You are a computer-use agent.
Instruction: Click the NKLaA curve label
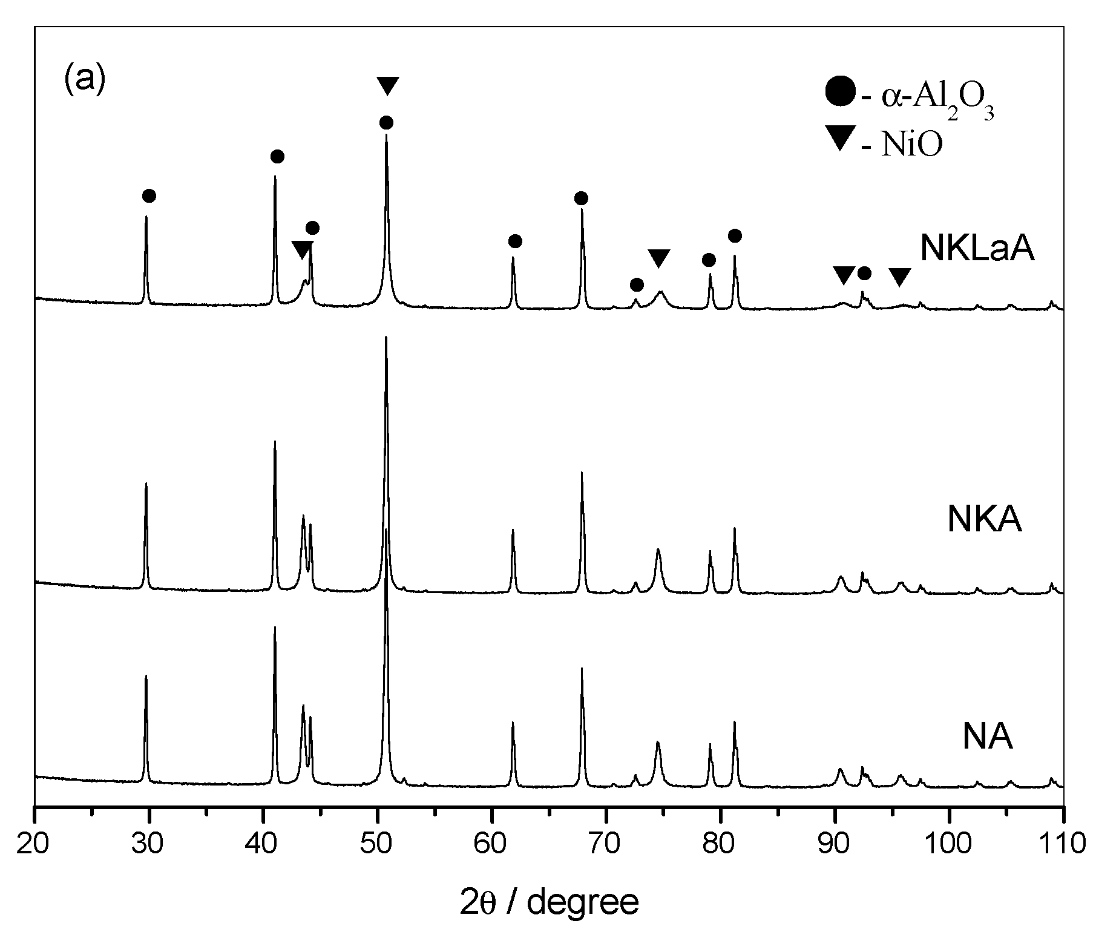977,248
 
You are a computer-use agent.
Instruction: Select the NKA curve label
985,519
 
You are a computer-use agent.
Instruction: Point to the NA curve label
988,737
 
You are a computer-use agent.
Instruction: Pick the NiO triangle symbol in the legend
841,140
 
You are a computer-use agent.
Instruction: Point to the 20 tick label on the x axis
35,843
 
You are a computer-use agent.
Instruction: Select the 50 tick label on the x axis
378,843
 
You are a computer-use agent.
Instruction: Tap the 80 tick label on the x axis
721,843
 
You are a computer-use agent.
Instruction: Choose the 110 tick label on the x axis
1062,843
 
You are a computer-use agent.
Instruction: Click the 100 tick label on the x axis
949,843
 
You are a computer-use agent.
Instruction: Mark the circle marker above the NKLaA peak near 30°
149,195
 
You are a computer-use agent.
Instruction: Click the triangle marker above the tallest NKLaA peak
387,85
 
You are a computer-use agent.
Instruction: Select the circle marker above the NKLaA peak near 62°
515,241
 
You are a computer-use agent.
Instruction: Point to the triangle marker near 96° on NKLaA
900,277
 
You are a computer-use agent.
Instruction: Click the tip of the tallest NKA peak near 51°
386,337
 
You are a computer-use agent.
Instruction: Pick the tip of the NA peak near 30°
146,676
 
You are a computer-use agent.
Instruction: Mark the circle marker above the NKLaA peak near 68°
581,198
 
